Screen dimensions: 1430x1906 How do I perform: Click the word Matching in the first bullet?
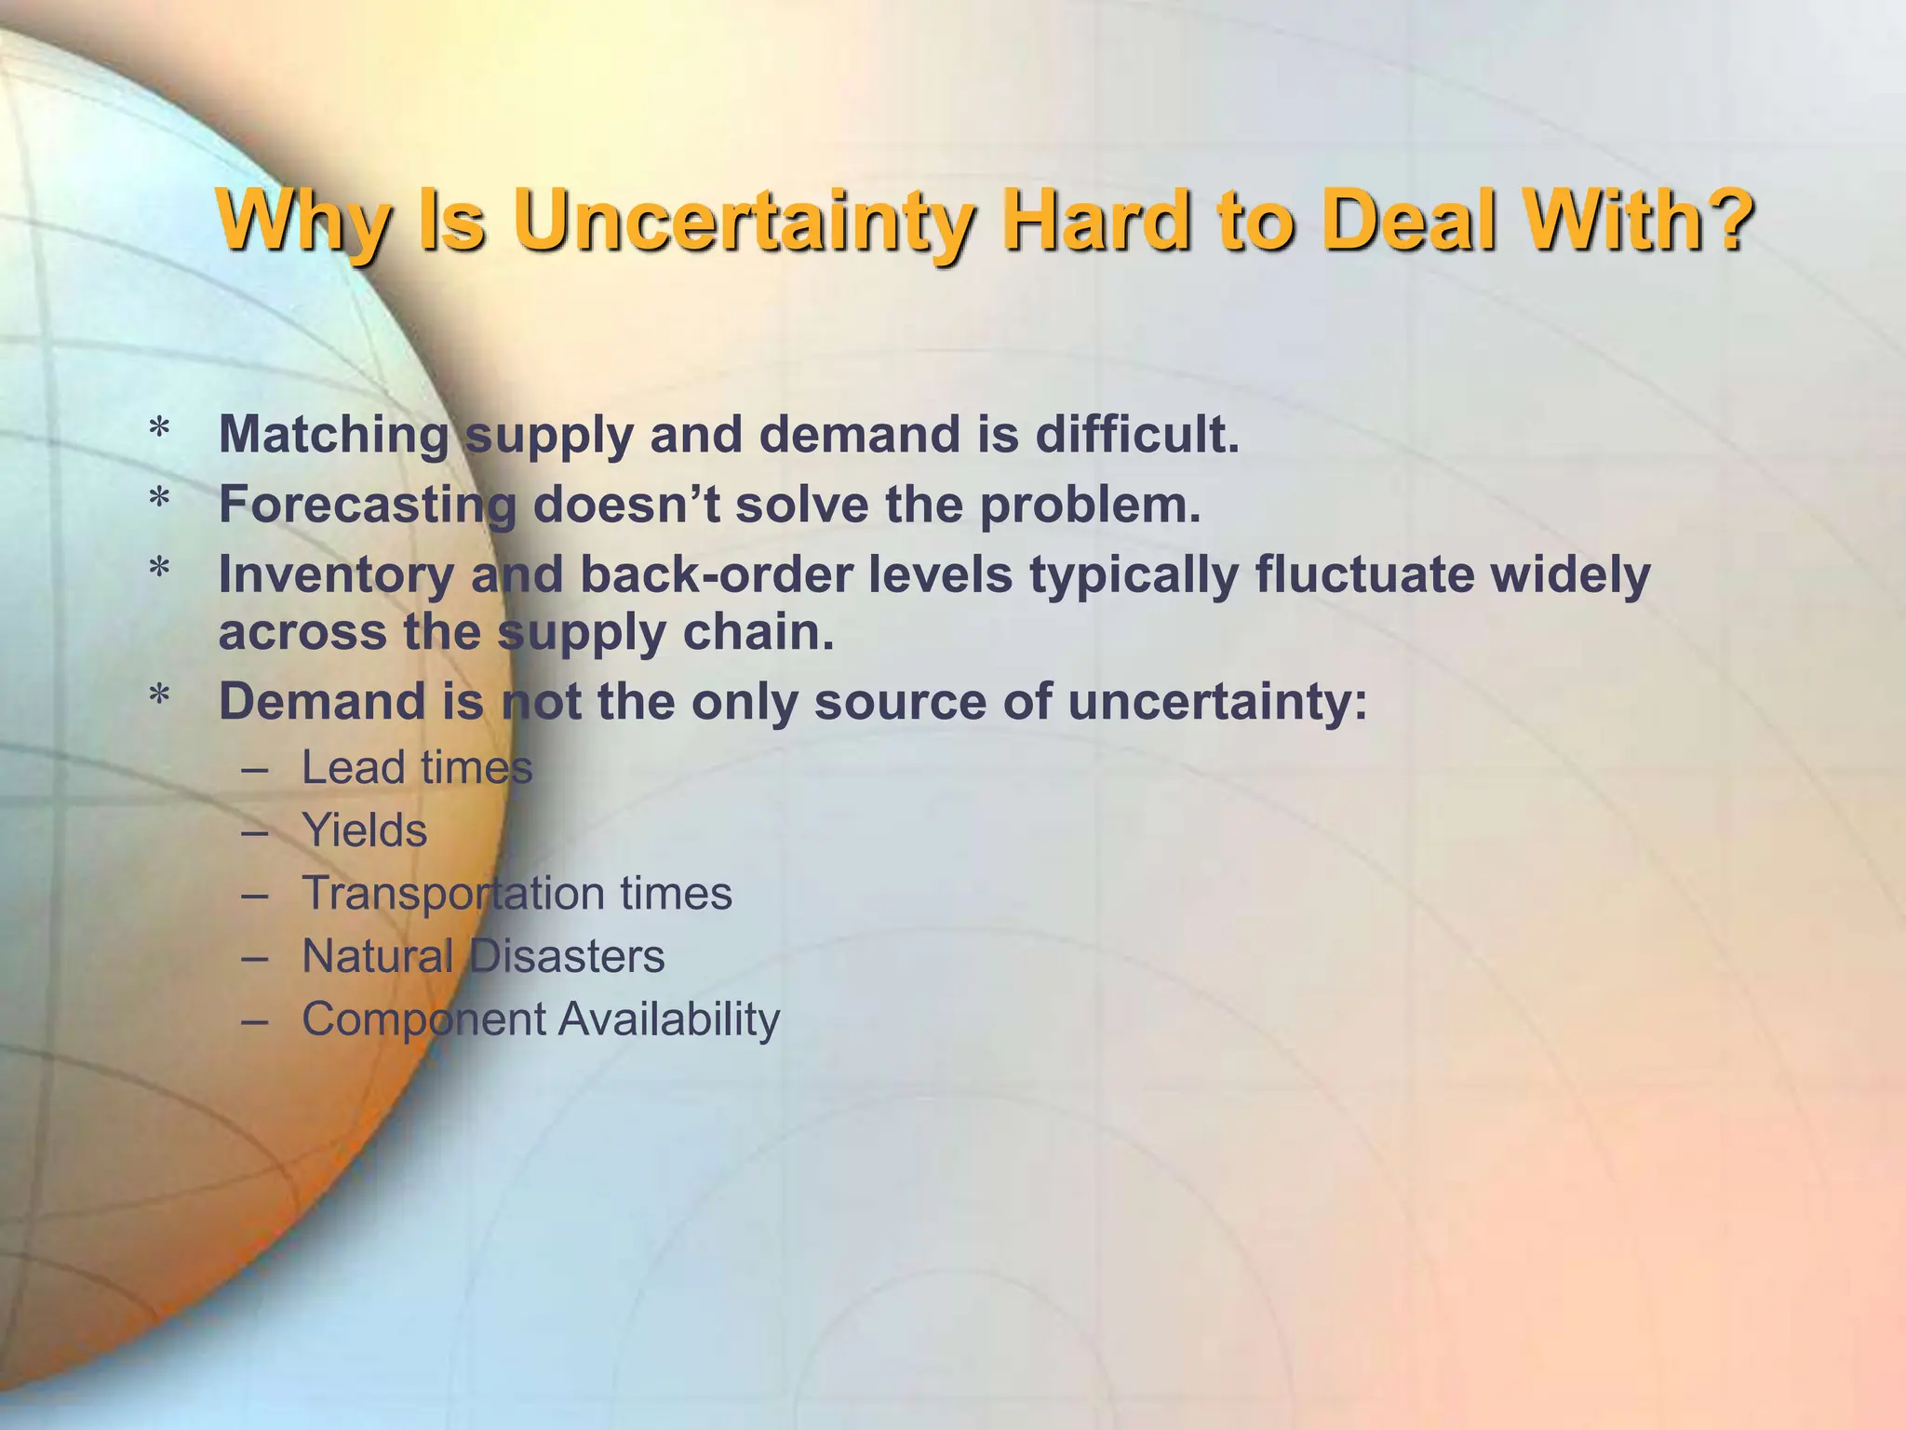pyautogui.click(x=333, y=436)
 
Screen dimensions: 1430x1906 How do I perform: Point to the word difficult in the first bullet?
pyautogui.click(x=1136, y=434)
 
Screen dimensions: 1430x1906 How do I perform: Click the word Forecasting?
pyautogui.click(x=367, y=506)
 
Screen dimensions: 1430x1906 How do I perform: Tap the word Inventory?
pyautogui.click(x=335, y=575)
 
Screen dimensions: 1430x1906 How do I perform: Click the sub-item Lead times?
pyautogui.click(x=417, y=768)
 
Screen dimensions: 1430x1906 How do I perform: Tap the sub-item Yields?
pyautogui.click(x=364, y=830)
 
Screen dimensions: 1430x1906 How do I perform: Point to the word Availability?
pyautogui.click(x=668, y=1019)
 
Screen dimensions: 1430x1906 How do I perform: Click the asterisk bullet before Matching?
pyautogui.click(x=160, y=430)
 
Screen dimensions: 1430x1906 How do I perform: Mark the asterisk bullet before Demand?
pyautogui.click(x=160, y=697)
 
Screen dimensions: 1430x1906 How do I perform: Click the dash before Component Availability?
pyautogui.click(x=254, y=1019)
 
